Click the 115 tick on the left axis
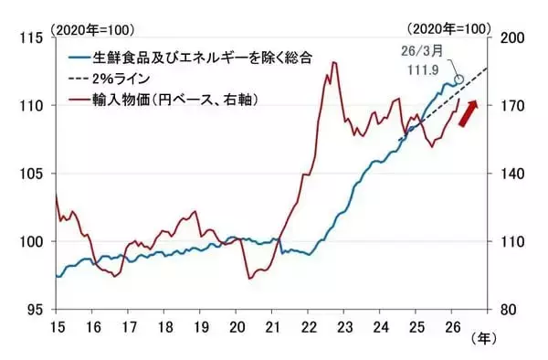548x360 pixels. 34,38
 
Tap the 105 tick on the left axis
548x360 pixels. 34,174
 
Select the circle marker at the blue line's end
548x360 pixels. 458,80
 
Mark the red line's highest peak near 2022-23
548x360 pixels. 333,62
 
